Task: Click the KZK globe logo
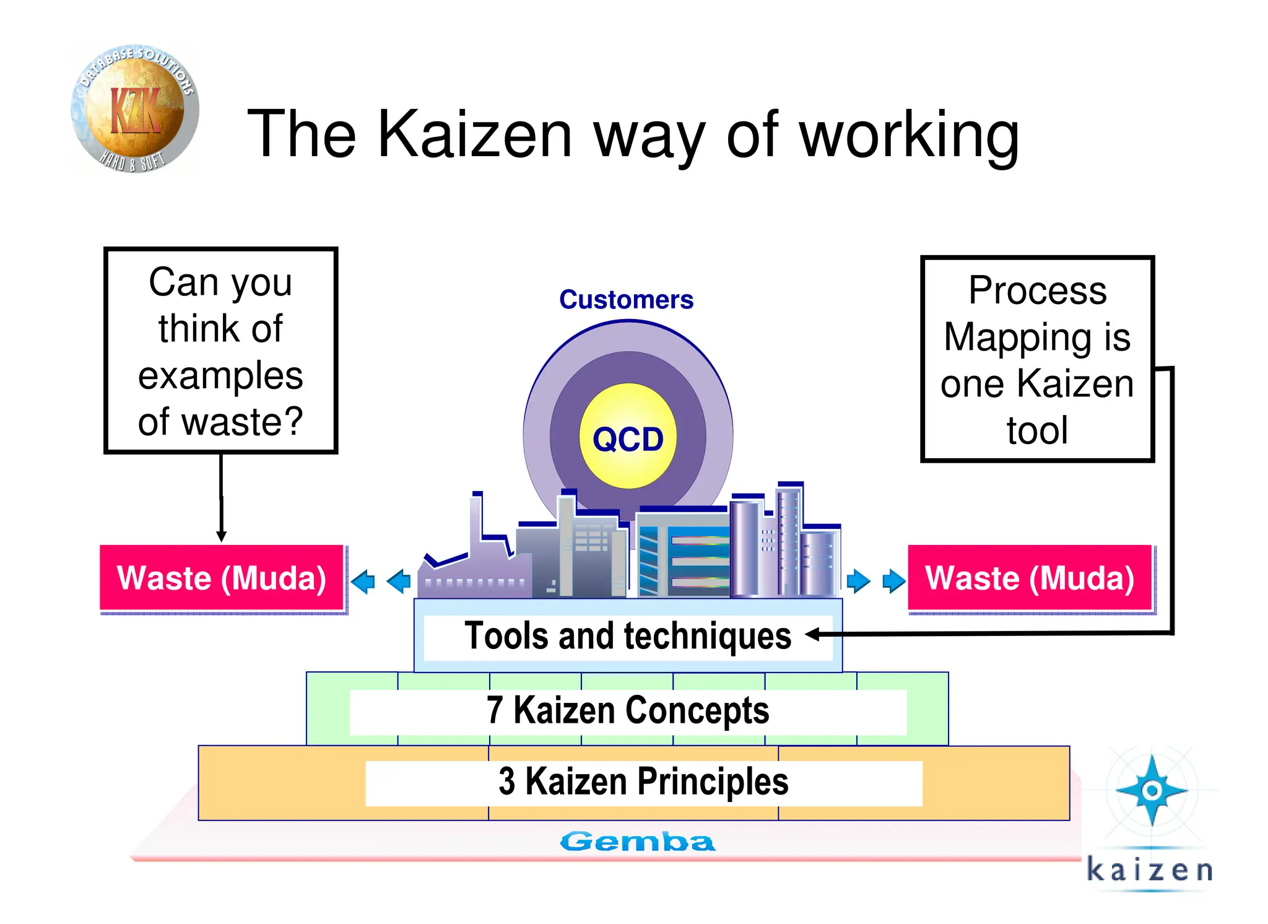[134, 110]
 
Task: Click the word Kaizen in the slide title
[474, 134]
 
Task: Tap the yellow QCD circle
[628, 437]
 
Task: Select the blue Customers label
[626, 300]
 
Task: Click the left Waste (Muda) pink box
[222, 578]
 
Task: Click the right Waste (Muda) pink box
[1029, 578]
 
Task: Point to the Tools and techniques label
[627, 636]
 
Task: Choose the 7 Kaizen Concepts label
[627, 710]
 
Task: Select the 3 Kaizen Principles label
[643, 782]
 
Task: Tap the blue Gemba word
[637, 842]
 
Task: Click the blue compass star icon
[1152, 790]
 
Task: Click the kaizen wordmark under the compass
[1150, 870]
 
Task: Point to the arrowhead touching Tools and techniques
[813, 634]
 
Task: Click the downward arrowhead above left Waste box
[221, 536]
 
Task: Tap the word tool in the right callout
[1037, 430]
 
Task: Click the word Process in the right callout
[1037, 290]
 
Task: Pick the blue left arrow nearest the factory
[399, 581]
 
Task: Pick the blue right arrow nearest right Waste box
[893, 581]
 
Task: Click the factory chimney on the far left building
[476, 520]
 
